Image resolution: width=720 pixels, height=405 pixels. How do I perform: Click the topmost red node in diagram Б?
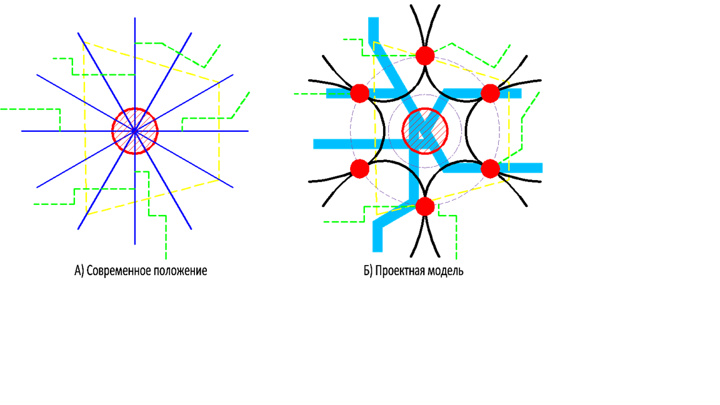tap(425, 55)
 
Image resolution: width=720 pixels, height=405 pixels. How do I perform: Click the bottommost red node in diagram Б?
tap(425, 206)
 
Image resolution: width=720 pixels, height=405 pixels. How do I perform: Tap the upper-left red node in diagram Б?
tap(359, 93)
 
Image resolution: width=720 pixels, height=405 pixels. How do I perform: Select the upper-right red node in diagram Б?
tap(491, 93)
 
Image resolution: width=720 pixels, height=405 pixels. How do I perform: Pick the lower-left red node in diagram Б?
tap(359, 168)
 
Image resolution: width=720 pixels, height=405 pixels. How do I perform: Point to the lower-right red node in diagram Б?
tap(491, 168)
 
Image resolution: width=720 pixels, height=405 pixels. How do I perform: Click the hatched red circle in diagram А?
tap(135, 131)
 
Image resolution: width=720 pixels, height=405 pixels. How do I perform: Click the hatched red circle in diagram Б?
tap(425, 131)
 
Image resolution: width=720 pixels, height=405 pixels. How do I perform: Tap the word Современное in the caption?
tap(116, 271)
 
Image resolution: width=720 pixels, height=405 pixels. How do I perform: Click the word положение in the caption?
tap(177, 271)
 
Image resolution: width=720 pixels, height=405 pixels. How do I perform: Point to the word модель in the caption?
tap(446, 271)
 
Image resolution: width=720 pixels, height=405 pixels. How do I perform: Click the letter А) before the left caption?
tap(79, 271)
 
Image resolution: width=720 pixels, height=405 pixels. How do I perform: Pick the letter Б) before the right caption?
tap(368, 271)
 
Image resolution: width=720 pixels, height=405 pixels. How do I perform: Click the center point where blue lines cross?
tap(135, 131)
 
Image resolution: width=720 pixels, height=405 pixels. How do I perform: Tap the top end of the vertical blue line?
tap(135, 19)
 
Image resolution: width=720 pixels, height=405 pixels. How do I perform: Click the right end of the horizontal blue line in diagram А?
tap(248, 131)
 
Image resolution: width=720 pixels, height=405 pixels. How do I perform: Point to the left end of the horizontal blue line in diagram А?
tap(22, 131)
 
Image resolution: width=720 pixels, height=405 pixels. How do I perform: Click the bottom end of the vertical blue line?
tap(135, 244)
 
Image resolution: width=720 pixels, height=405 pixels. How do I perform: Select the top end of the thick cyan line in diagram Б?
tap(373, 19)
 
